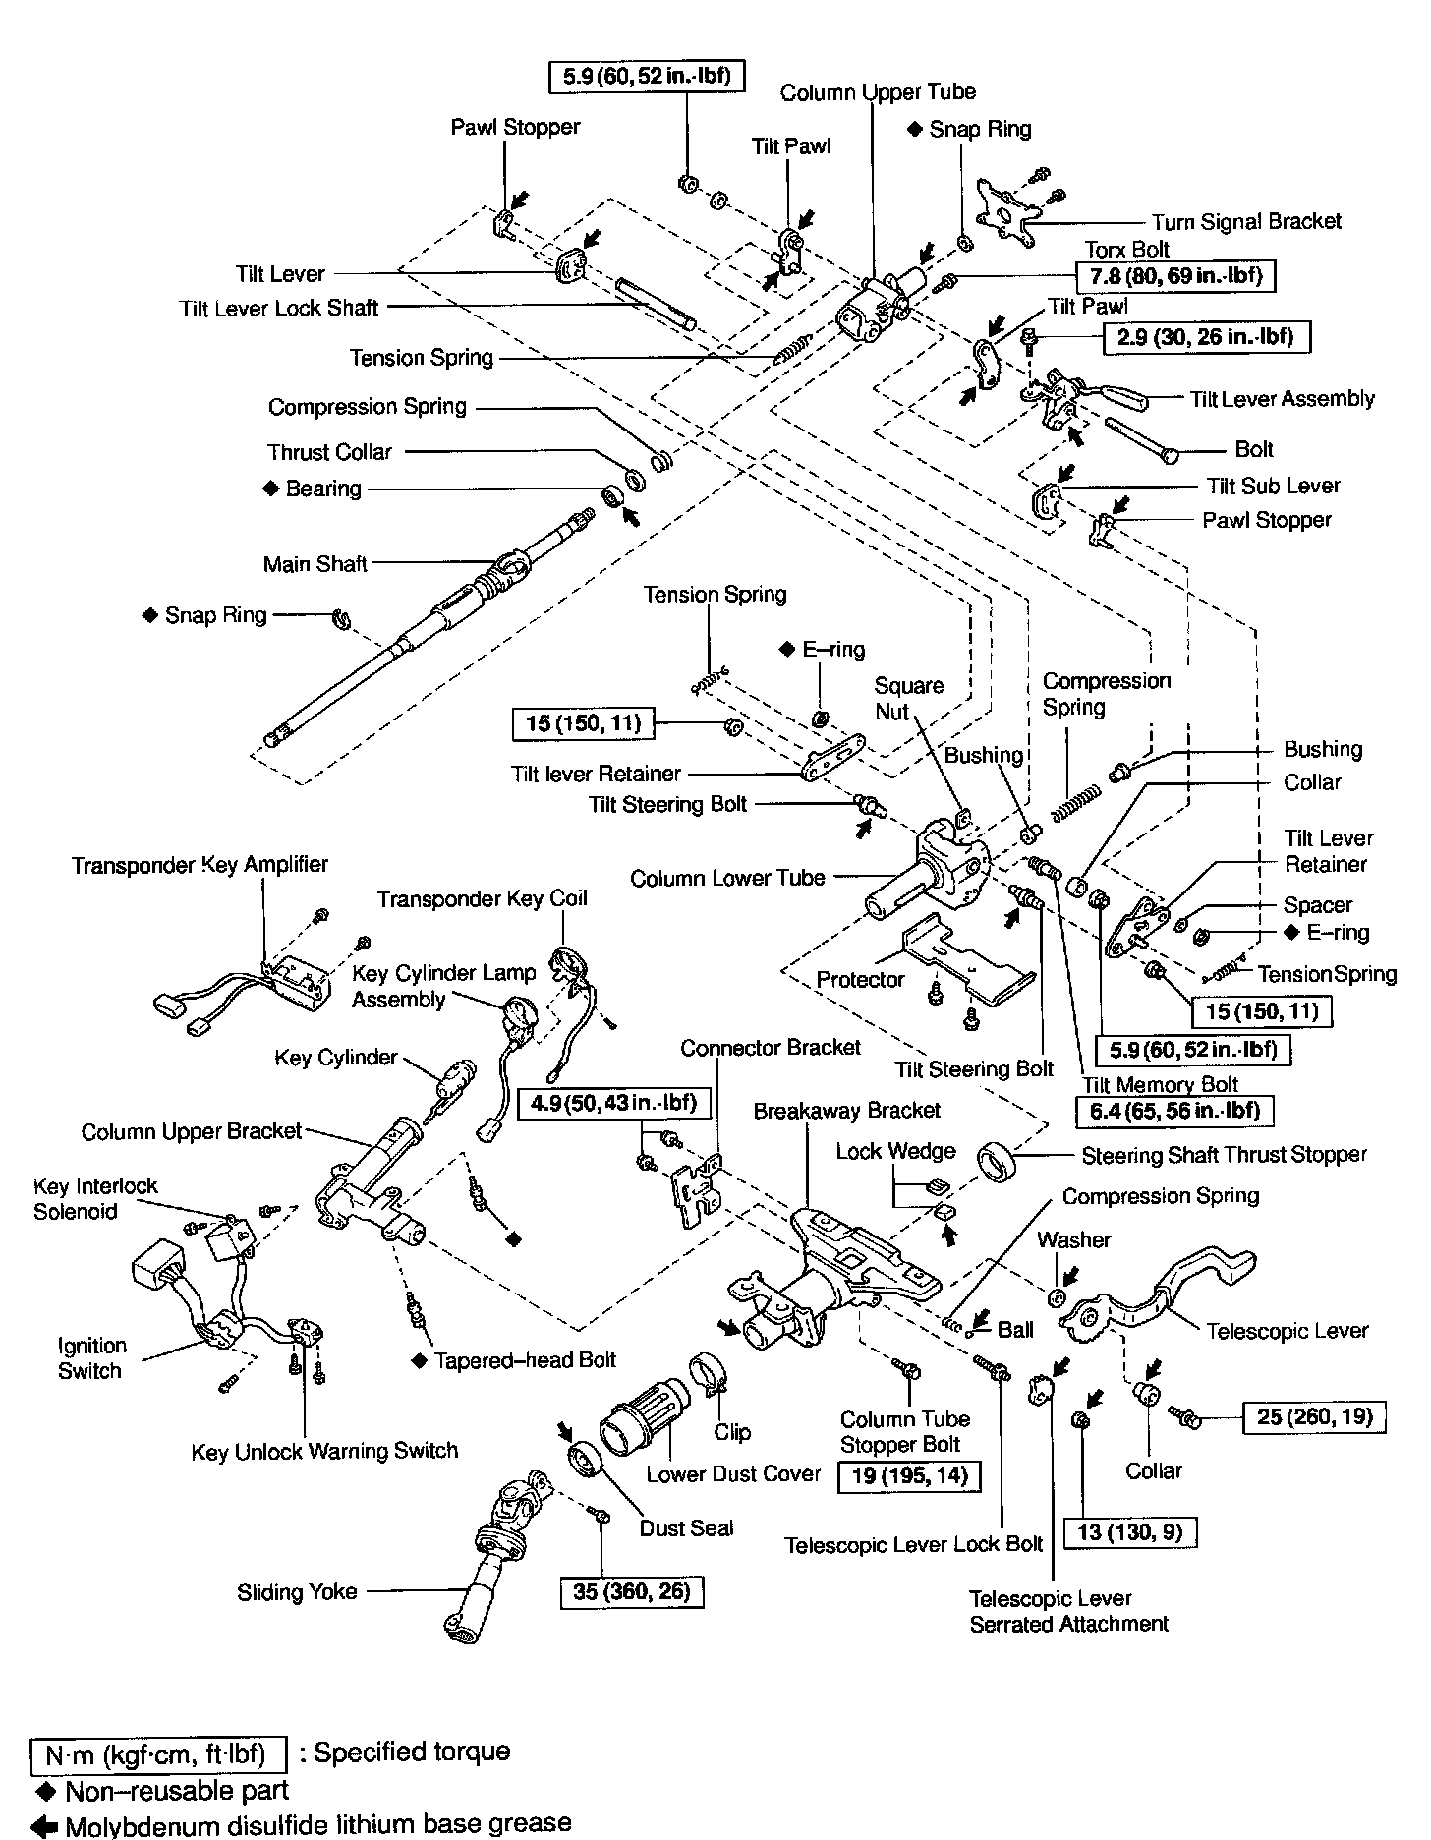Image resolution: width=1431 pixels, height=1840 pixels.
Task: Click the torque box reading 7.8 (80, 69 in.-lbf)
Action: point(1175,276)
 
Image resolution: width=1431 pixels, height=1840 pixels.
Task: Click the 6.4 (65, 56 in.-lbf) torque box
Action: point(1175,1111)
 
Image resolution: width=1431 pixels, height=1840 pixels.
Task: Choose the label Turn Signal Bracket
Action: point(1246,222)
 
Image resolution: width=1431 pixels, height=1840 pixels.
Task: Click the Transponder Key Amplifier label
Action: point(200,865)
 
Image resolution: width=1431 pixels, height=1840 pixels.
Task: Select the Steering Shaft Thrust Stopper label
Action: point(1224,1154)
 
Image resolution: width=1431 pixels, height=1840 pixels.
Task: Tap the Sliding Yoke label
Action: point(297,1592)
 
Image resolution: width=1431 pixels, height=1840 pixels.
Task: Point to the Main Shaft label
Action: point(315,564)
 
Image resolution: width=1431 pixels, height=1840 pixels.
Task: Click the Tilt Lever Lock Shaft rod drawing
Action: point(656,304)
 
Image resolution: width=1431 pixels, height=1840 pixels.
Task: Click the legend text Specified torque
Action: point(411,1752)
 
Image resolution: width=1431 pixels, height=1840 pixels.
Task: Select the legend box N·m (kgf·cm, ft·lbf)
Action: point(157,1754)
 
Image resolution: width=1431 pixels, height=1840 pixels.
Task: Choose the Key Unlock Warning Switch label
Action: point(324,1451)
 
